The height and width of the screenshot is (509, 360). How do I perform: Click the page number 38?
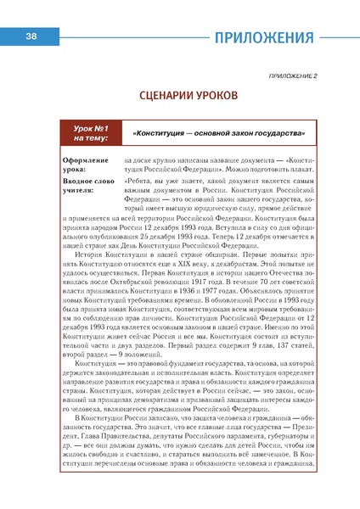[x=30, y=36]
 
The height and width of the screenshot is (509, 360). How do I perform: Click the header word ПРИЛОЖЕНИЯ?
[x=263, y=37]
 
